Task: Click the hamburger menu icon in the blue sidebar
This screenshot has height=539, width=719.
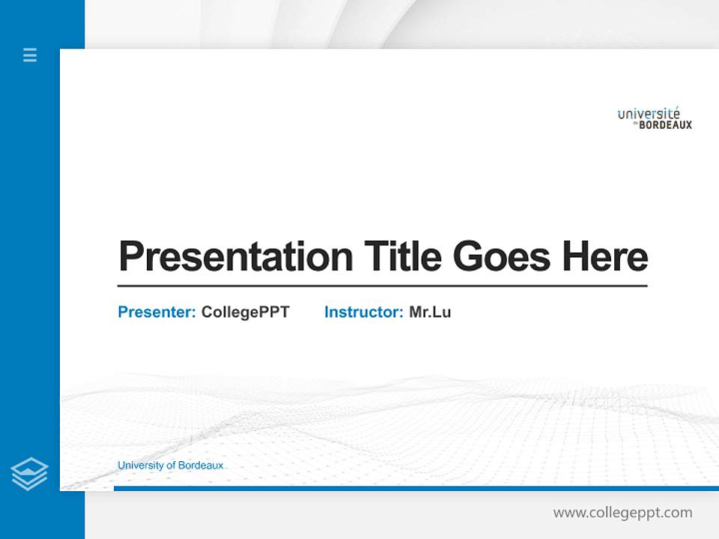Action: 30,55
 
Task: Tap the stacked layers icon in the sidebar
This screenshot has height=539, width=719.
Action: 30,474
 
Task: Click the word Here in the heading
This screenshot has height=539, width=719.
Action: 605,257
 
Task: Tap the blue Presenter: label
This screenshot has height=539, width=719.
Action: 157,312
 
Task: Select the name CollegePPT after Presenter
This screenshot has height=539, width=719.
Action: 245,312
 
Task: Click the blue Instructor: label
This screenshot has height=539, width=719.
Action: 364,312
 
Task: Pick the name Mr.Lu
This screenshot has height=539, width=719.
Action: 430,312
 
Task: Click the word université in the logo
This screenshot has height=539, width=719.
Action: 649,114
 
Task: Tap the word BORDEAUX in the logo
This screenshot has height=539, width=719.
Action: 666,125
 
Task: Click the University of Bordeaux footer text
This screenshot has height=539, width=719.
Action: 170,466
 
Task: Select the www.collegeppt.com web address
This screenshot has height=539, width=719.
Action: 622,513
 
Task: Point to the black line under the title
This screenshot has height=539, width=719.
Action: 382,286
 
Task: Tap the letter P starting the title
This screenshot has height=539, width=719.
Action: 131,256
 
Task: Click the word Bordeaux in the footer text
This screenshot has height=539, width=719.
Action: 201,466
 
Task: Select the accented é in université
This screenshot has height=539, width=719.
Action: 676,113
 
